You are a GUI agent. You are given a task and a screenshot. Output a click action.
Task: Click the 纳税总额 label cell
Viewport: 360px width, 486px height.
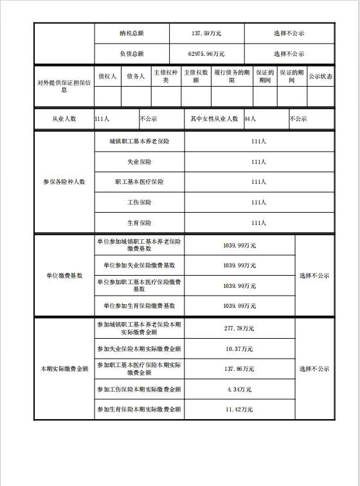(x=131, y=33)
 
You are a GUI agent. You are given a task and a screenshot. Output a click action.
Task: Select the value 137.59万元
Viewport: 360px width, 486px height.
(x=206, y=33)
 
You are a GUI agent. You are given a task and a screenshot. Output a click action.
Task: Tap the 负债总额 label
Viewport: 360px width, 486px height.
(x=131, y=53)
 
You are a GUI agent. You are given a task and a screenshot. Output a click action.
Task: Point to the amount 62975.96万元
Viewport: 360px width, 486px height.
(x=206, y=53)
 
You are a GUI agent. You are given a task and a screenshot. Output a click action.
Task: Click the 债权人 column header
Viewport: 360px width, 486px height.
(x=107, y=76)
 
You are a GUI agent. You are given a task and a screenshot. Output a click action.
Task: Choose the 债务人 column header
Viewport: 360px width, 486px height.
(x=136, y=76)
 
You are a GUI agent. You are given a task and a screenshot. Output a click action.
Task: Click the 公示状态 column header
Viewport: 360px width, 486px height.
(x=320, y=76)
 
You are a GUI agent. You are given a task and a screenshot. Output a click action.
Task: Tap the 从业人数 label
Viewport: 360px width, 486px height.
(x=64, y=119)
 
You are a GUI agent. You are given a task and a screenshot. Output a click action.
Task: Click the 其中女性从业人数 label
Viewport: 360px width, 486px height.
(x=214, y=119)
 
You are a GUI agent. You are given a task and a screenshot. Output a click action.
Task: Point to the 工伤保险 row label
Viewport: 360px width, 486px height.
(x=139, y=203)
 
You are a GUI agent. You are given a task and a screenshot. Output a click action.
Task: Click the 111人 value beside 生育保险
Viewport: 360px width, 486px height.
(x=258, y=223)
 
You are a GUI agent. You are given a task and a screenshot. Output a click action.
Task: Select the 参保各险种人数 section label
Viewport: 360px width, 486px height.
(x=64, y=182)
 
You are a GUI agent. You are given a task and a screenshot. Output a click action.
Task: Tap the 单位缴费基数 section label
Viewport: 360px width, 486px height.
(x=64, y=275)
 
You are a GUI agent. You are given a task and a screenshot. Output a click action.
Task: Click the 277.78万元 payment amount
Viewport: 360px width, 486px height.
(x=239, y=328)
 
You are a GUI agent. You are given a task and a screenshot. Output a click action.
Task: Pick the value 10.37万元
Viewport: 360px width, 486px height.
(x=239, y=348)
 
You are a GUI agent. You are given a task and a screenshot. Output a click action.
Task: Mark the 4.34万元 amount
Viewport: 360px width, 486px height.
(x=239, y=390)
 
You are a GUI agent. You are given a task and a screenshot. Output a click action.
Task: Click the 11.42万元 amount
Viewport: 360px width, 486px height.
(x=239, y=410)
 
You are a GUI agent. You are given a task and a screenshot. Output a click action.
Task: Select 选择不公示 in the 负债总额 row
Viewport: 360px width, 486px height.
(x=289, y=53)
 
